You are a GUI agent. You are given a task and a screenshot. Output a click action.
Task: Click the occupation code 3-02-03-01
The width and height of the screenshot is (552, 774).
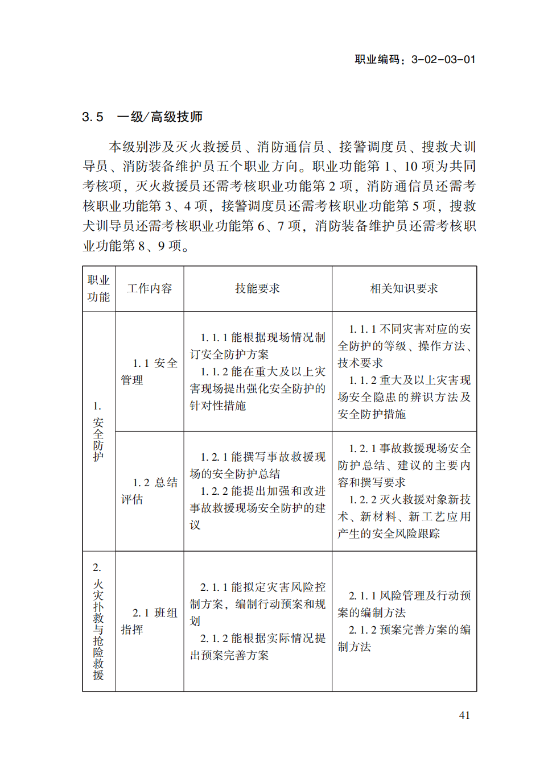443,60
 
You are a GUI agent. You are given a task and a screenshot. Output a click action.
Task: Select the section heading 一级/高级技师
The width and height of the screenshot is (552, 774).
160,117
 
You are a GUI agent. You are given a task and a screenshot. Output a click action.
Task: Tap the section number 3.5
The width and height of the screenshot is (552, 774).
93,117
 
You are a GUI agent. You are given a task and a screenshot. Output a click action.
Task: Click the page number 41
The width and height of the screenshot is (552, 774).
464,715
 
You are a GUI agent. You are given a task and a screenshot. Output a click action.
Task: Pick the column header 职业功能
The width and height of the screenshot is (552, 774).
98,288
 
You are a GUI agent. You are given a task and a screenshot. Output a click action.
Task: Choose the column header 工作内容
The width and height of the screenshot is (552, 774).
149,288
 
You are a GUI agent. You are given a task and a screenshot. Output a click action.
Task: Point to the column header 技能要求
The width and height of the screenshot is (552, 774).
257,288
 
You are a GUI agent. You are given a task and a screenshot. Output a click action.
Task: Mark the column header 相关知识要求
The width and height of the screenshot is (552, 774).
404,288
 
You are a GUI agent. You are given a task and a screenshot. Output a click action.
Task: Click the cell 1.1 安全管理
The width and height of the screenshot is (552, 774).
149,371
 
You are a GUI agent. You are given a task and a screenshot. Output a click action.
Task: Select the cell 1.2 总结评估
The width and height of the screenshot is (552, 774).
149,491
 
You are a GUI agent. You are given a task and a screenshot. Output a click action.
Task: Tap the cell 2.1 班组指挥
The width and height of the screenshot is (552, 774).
149,621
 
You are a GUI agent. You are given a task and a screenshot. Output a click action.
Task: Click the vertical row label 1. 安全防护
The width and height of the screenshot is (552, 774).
98,432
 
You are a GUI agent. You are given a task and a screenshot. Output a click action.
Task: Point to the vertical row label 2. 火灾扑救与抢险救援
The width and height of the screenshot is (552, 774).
98,621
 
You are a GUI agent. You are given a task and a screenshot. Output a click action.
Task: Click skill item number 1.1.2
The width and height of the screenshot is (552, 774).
214,372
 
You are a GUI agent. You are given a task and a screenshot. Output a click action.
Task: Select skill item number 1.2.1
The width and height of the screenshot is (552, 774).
214,457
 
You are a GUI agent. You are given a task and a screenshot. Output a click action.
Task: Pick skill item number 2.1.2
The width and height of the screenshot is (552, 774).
214,639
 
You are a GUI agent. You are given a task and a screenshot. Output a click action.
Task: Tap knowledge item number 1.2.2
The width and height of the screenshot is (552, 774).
362,500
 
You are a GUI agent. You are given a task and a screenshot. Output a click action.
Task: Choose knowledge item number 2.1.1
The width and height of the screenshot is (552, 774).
362,596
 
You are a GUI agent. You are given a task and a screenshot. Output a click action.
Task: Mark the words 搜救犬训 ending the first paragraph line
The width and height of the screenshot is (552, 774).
448,147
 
